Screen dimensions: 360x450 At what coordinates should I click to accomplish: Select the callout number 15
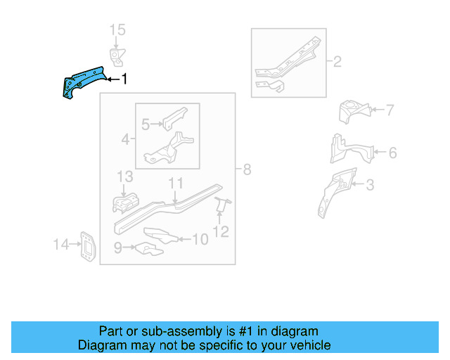(117, 30)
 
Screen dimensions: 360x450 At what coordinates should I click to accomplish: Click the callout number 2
(337, 62)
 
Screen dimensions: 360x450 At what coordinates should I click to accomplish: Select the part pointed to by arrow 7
(354, 111)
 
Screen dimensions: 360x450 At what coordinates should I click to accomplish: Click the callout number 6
(392, 153)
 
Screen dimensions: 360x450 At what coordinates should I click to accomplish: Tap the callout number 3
(370, 186)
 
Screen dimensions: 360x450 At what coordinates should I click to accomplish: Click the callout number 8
(247, 169)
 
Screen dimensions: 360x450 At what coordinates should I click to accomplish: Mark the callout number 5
(146, 125)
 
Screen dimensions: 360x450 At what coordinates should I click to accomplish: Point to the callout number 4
(125, 140)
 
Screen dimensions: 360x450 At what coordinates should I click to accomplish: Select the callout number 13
(124, 176)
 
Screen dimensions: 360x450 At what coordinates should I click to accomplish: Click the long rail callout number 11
(176, 184)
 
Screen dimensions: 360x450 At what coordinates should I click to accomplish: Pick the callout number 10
(200, 240)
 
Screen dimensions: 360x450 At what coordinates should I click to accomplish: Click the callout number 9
(117, 247)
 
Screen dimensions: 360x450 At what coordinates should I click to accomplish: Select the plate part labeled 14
(87, 246)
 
